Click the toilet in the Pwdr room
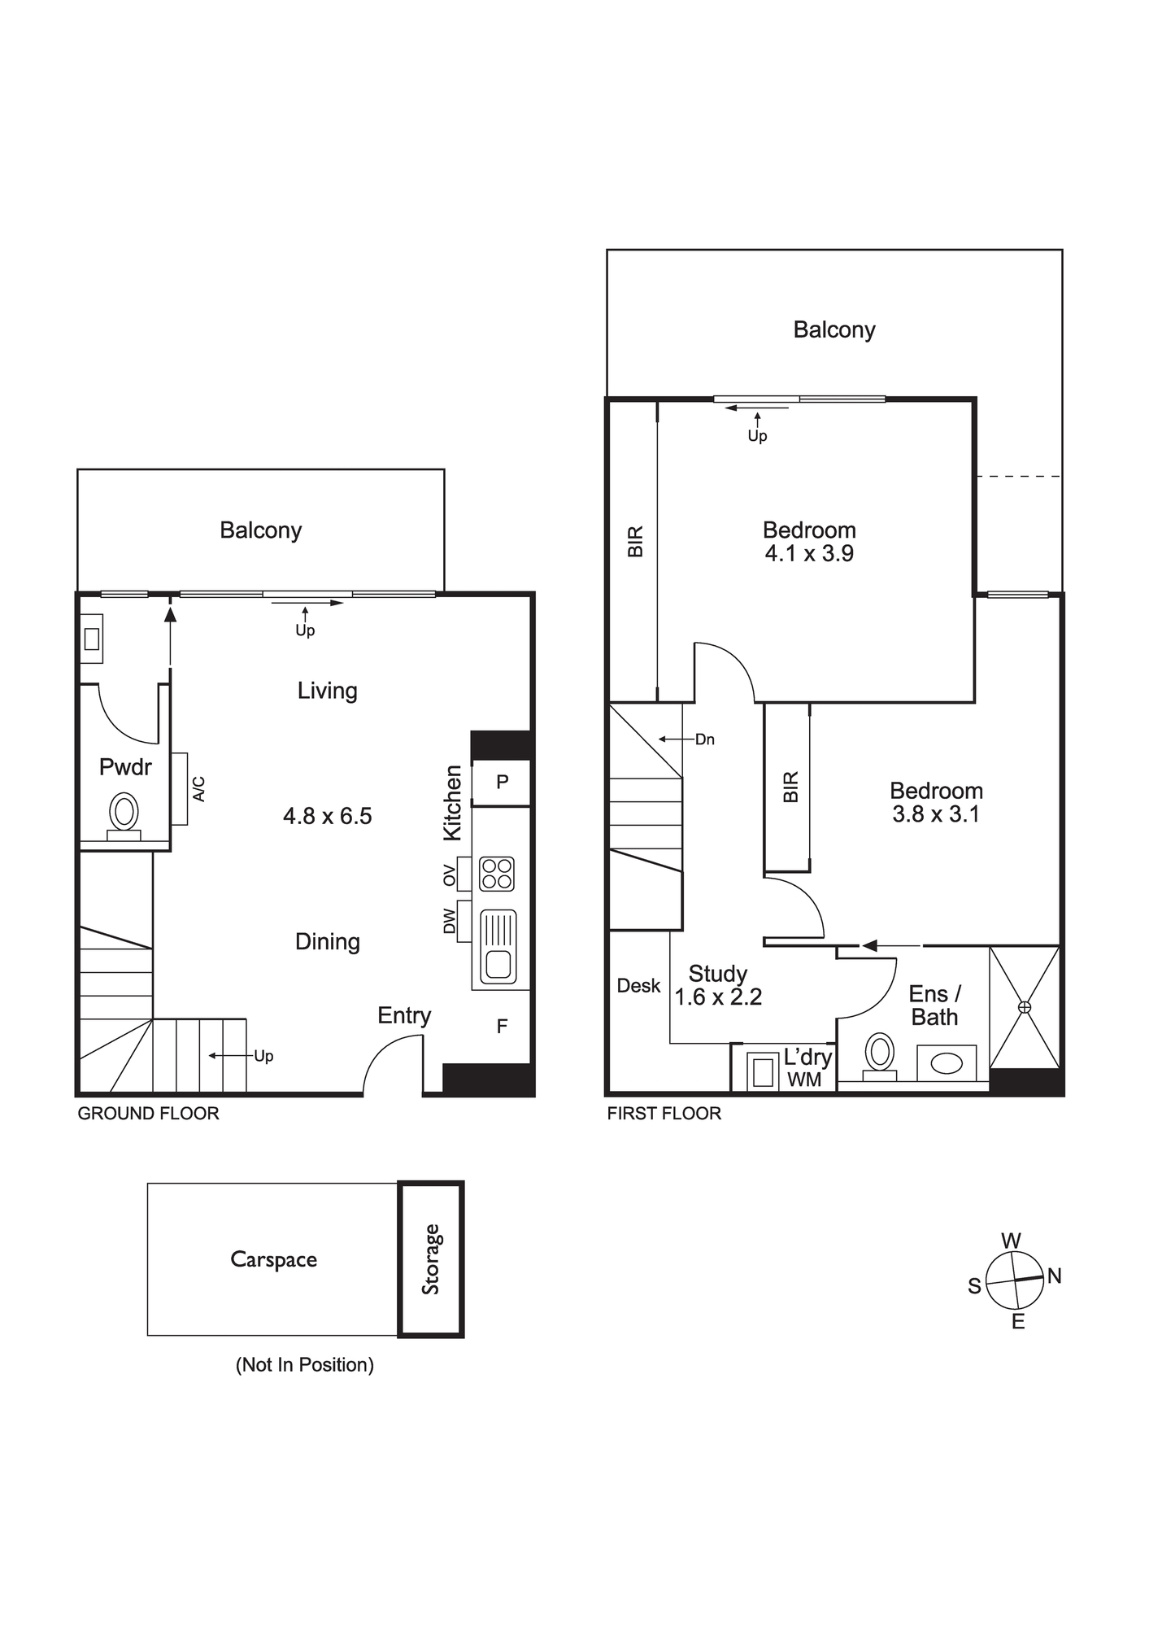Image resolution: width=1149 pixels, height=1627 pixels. coord(124,815)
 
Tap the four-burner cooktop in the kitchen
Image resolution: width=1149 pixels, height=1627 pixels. coord(497,874)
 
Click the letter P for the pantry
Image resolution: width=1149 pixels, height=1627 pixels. coord(503,782)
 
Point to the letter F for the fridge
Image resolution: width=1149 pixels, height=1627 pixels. coord(502,1027)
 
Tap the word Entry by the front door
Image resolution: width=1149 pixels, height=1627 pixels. coord(404,1016)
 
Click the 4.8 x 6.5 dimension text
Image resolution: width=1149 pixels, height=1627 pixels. coord(328,816)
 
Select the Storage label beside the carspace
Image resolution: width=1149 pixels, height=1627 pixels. coord(430,1259)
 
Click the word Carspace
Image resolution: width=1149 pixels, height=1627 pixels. coord(274,1259)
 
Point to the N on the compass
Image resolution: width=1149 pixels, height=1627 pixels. coord(1055,1276)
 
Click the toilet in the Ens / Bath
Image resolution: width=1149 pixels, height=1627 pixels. coord(879,1056)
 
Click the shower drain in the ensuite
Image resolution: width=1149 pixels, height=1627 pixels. coord(1025,1007)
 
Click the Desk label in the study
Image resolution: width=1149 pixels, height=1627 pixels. coord(639,986)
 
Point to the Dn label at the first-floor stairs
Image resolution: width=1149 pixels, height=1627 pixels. coord(705,739)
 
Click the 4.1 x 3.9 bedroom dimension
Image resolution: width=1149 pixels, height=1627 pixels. coord(809,554)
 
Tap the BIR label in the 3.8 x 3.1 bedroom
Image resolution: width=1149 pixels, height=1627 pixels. coord(791,787)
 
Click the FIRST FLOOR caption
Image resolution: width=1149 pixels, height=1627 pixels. coord(664,1114)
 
